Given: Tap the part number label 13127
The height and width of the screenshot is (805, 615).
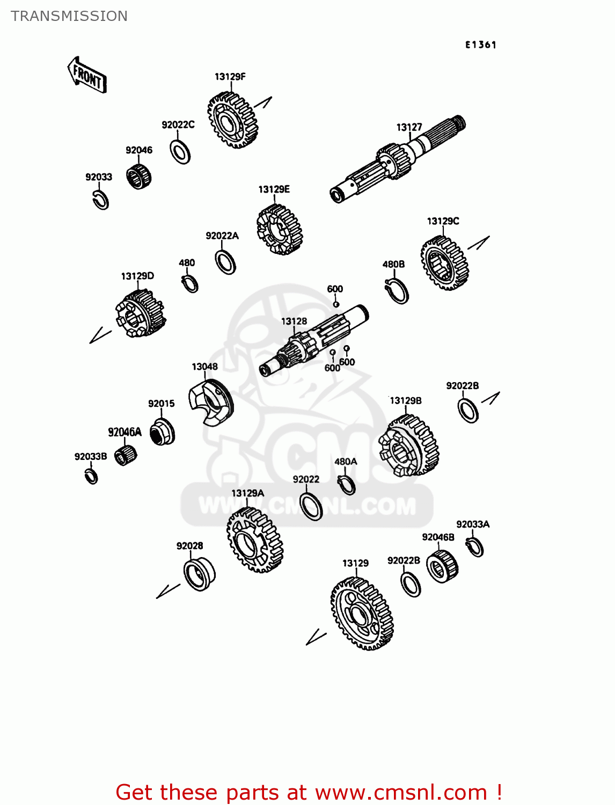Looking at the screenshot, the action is pyautogui.click(x=409, y=127).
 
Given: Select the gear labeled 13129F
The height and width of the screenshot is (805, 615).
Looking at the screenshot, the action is pyautogui.click(x=232, y=120).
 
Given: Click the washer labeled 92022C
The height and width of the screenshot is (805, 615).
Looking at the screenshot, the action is pyautogui.click(x=180, y=152).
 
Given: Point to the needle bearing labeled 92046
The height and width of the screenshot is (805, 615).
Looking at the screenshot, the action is pyautogui.click(x=138, y=177).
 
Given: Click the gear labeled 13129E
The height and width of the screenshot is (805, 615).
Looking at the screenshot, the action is pyautogui.click(x=280, y=230).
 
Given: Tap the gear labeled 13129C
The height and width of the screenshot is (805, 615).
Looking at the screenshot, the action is pyautogui.click(x=444, y=263).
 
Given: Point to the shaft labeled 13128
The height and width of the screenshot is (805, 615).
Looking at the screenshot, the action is pyautogui.click(x=313, y=340).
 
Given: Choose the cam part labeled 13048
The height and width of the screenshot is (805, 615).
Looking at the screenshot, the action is pyautogui.click(x=211, y=402).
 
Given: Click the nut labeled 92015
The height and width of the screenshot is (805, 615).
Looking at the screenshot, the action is pyautogui.click(x=162, y=431).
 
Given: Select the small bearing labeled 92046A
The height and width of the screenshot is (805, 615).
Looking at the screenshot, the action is pyautogui.click(x=126, y=455).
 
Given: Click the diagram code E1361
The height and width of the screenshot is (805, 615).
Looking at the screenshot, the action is pyautogui.click(x=480, y=45).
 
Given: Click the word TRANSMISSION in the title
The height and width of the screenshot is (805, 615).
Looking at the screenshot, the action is pyautogui.click(x=69, y=16).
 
